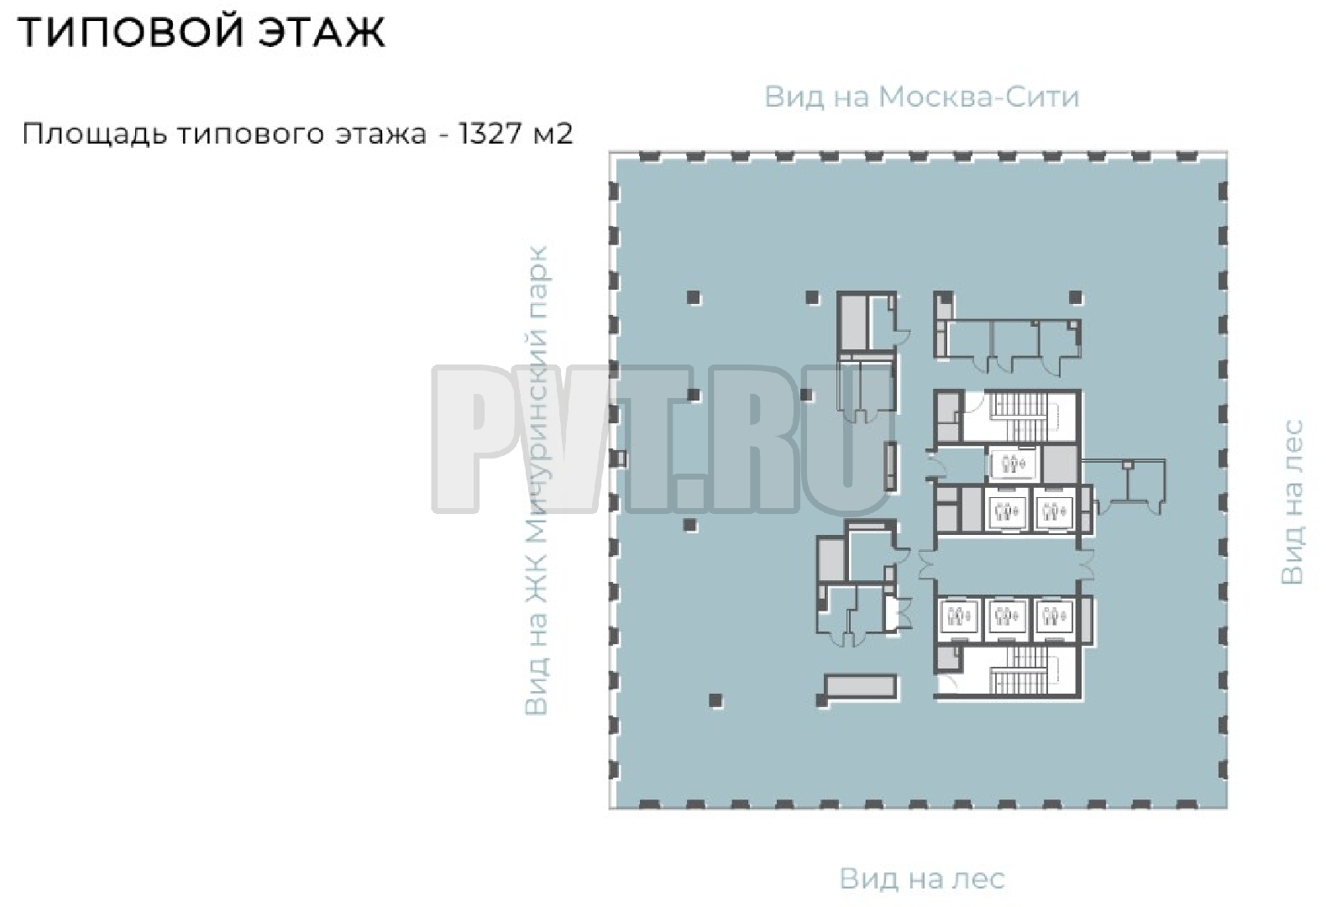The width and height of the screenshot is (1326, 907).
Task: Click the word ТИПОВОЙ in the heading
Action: point(131,32)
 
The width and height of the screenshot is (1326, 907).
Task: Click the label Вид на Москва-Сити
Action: point(922,97)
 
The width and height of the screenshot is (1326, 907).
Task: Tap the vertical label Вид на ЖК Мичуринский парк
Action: point(537,480)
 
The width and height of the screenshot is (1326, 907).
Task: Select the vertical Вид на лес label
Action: point(1292,502)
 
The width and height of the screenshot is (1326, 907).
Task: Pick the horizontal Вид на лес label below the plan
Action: point(922,879)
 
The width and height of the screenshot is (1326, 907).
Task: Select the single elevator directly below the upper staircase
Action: point(1013,464)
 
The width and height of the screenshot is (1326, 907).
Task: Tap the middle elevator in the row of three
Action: point(1007,619)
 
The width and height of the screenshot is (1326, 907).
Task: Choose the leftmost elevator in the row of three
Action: point(959,619)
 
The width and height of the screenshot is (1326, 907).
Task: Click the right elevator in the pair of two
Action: point(1054,510)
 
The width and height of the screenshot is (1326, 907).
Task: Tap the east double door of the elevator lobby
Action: point(1087,564)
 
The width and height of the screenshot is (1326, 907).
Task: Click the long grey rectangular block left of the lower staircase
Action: point(860,687)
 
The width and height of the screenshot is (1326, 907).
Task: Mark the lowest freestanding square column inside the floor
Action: point(715,700)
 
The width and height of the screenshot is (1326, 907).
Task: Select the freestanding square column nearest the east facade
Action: point(1076,298)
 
